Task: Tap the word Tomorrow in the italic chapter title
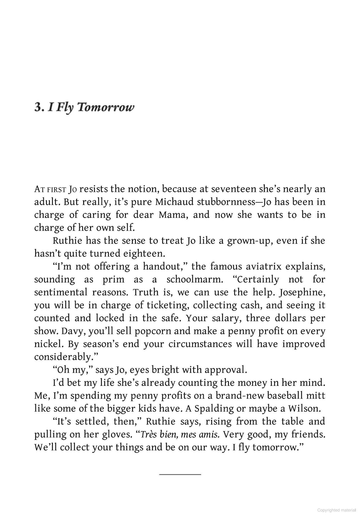[106, 107]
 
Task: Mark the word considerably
[66, 357]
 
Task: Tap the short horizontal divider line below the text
[180, 474]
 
